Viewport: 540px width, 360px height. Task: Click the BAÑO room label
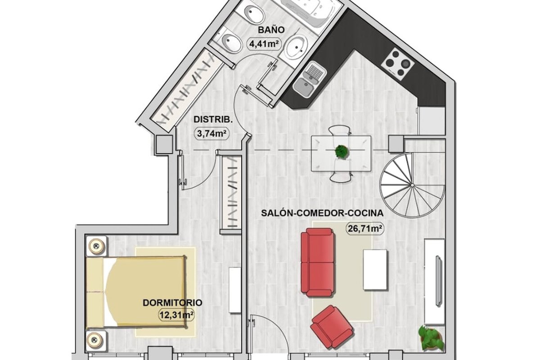pyautogui.click(x=271, y=30)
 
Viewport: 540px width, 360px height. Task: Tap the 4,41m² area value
pyautogui.click(x=264, y=44)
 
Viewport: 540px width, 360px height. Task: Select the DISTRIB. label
pyautogui.click(x=213, y=120)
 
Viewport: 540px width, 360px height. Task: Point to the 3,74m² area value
pyautogui.click(x=211, y=133)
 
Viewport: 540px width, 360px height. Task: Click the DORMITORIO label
pyautogui.click(x=172, y=303)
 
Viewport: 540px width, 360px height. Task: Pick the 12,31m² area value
pyautogui.click(x=176, y=315)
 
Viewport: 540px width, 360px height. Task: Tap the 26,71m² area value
pyautogui.click(x=365, y=228)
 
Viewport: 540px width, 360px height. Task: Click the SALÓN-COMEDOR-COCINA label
pyautogui.click(x=322, y=213)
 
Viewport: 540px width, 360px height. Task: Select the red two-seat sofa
pyautogui.click(x=318, y=262)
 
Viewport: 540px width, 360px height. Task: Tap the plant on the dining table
pyautogui.click(x=342, y=152)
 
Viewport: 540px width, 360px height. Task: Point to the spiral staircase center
pyautogui.click(x=412, y=185)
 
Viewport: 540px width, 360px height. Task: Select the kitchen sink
pyautogui.click(x=310, y=80)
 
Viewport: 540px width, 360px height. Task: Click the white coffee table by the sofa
pyautogui.click(x=375, y=270)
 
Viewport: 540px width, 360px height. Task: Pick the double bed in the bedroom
pyautogui.click(x=136, y=292)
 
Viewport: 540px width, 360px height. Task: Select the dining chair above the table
pyautogui.click(x=341, y=130)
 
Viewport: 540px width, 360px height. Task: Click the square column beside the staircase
pyautogui.click(x=396, y=144)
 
